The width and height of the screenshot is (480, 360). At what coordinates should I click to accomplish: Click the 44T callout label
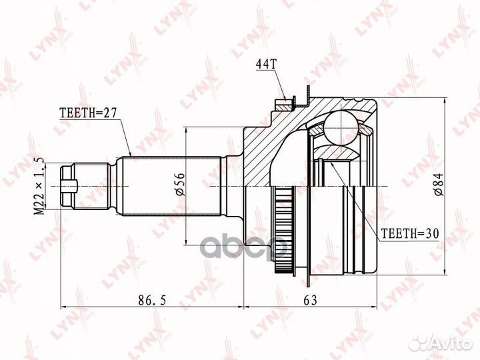point(265,65)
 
